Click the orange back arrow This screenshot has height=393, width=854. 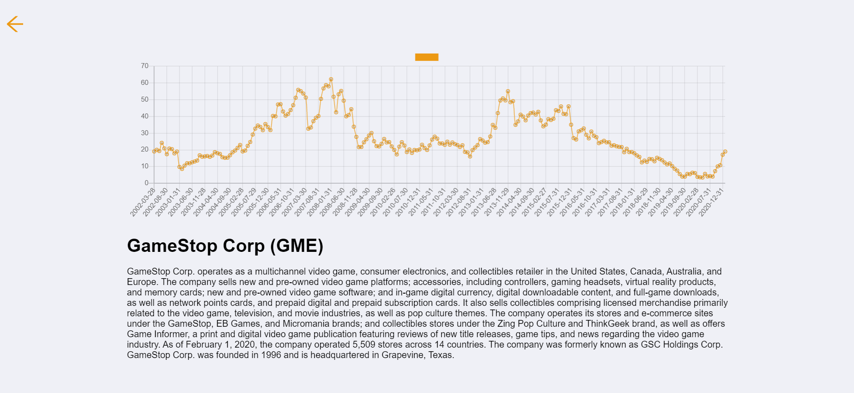(15, 24)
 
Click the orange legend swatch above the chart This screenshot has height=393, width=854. (426, 57)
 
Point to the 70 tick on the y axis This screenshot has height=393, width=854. (145, 66)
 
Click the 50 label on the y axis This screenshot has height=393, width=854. (145, 99)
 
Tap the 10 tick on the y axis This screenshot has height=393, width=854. (145, 166)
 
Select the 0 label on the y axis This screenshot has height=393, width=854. (146, 183)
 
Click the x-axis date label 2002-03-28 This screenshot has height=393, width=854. (143, 202)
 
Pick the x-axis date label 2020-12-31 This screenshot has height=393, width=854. (711, 202)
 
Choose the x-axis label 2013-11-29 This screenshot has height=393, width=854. (497, 202)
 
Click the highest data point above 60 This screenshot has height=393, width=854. (331, 79)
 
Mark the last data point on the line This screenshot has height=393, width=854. (725, 152)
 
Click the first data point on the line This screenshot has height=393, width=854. (154, 152)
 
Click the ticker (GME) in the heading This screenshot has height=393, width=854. (297, 246)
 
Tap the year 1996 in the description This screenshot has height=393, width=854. (271, 355)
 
